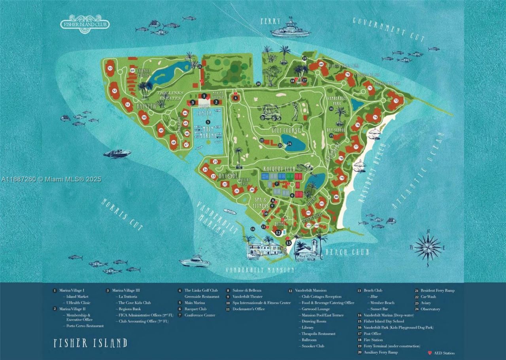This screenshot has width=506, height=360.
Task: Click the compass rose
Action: tap(428, 247)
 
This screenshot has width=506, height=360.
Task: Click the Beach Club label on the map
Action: tap(347, 252)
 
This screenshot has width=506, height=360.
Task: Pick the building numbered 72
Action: tap(396, 101)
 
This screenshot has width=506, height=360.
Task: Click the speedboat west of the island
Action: tap(117, 153)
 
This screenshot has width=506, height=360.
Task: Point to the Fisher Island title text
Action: tap(91, 343)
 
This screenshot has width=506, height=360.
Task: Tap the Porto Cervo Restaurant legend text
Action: tap(83, 326)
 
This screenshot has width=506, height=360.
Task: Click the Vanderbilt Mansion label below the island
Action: tap(260, 270)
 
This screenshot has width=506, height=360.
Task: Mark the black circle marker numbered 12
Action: tap(278, 233)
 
